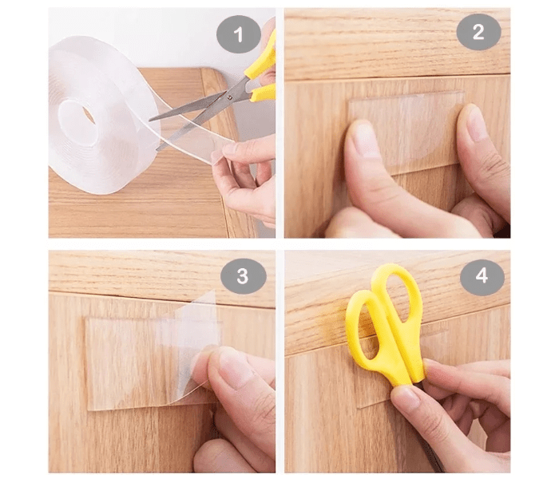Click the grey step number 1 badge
coord(239,34)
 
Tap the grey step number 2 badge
coord(478,32)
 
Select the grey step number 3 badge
coord(243,276)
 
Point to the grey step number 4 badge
coord(482,275)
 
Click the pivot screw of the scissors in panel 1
coord(230,97)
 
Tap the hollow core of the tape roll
coord(77,122)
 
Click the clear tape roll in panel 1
coord(103,114)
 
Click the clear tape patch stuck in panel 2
coord(406,132)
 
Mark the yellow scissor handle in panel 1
coord(263,71)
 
